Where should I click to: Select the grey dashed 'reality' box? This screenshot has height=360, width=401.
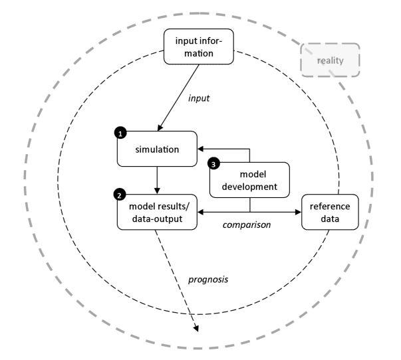331,60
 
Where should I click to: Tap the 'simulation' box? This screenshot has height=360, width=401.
157,149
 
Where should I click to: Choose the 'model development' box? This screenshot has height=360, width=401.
249,180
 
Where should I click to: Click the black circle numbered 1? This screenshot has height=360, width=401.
120,134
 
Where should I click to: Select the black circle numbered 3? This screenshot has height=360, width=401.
213,163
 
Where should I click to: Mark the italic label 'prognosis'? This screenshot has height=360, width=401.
207,280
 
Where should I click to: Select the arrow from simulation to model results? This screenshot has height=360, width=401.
157,178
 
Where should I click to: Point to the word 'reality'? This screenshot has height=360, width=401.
331,60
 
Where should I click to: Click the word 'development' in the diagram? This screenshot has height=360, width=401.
249,187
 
